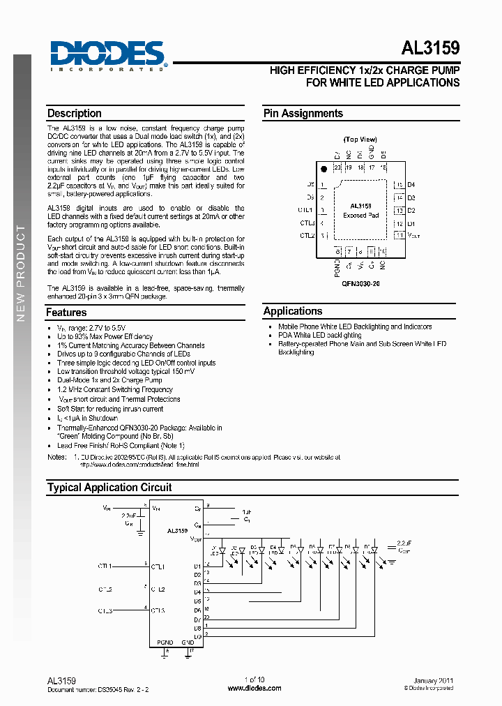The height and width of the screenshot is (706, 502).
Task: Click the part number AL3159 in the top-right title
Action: click(430, 49)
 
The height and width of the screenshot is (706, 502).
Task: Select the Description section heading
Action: click(75, 114)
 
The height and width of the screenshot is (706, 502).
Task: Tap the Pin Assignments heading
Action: click(303, 114)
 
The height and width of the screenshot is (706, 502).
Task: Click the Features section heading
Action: click(67, 313)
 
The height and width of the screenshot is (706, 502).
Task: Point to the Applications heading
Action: click(293, 311)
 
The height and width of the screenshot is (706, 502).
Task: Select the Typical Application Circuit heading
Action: click(109, 488)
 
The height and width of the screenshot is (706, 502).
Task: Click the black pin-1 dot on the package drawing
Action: click(323, 169)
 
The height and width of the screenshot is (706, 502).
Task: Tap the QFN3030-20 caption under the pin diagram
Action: click(360, 285)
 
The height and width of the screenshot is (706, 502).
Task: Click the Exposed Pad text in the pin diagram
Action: click(360, 216)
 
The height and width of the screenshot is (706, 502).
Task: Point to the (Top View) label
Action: click(360, 140)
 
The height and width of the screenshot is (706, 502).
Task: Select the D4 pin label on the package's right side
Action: click(411, 185)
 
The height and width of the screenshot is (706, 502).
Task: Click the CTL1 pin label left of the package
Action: click(306, 210)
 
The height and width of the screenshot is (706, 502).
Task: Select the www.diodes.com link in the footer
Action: click(254, 688)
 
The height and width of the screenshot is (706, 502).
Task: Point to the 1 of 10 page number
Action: click(254, 679)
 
